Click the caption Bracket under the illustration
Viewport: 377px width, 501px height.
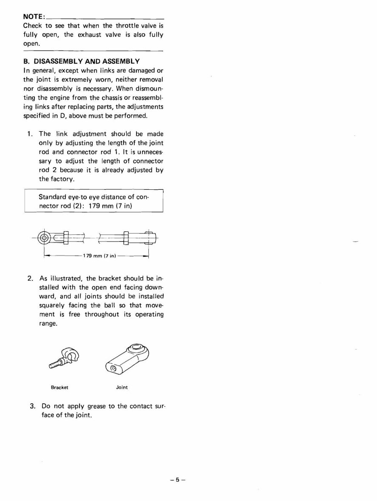[60, 387]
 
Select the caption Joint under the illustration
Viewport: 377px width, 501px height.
[122, 387]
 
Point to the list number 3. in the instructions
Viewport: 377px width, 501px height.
[32, 406]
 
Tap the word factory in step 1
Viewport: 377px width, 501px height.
[62, 179]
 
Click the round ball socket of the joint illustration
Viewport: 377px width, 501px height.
[137, 348]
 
